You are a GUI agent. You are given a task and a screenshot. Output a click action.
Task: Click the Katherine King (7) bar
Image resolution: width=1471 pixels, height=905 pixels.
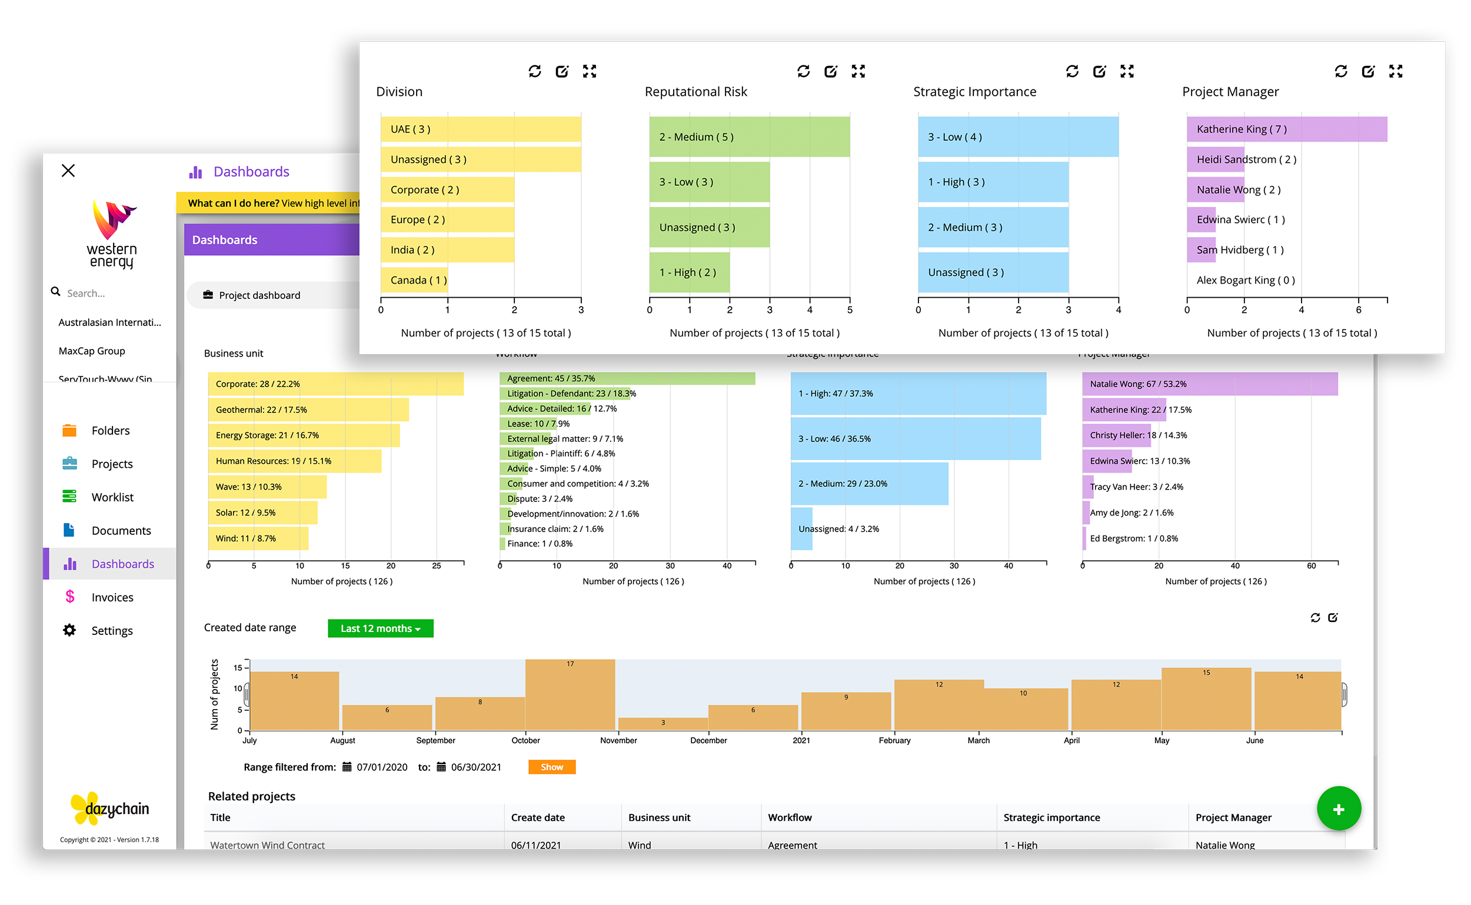coord(1287,129)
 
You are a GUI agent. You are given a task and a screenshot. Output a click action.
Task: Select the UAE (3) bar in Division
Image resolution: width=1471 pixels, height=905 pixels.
coord(481,129)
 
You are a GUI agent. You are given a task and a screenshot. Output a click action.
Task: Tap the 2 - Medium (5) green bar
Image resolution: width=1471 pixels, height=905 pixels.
coord(749,137)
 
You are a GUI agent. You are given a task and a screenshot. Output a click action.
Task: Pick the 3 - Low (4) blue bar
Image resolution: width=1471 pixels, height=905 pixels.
coord(1017,137)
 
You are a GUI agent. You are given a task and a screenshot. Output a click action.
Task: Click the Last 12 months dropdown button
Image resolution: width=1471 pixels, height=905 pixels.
coord(380,628)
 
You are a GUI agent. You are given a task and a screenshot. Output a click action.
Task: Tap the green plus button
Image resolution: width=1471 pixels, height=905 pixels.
coord(1338,809)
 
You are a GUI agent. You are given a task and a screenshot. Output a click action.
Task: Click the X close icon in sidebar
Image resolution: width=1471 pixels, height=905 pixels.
coord(68,171)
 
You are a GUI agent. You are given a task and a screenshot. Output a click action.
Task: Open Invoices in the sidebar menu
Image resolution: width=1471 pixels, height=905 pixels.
coord(112,597)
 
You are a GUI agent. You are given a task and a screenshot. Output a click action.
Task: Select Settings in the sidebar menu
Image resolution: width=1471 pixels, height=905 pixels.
coord(112,631)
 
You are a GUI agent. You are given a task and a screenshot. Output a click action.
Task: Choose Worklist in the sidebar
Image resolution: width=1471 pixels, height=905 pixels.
coord(112,497)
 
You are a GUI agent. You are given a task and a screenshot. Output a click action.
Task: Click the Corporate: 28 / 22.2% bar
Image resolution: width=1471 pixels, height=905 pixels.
coord(335,384)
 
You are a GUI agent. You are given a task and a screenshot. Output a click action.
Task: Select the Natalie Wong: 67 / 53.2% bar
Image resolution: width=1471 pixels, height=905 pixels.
coord(1209,384)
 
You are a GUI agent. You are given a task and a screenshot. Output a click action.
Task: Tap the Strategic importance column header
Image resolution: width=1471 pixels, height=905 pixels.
coord(1051,817)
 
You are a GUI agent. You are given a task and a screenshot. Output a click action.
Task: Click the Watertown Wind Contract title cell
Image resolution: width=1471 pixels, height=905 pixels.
coord(268,844)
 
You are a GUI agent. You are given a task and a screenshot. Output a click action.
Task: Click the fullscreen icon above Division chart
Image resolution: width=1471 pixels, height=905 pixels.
coord(590,72)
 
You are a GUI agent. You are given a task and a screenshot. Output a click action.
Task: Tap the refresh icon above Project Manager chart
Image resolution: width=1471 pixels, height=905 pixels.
coord(1340,72)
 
